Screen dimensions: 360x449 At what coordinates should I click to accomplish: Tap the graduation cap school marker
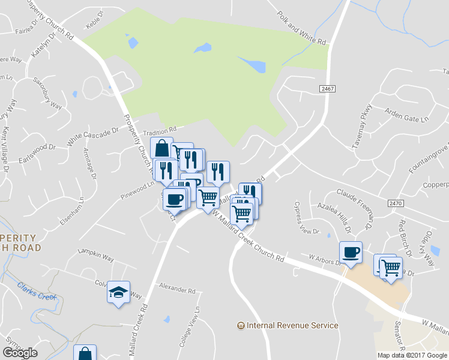pyautogui.click(x=119, y=292)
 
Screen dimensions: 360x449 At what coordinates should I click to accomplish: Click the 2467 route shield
pyautogui.click(x=327, y=89)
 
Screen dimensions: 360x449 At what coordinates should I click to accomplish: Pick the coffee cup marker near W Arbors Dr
pyautogui.click(x=351, y=252)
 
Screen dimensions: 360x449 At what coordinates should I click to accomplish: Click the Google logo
pyautogui.click(x=20, y=353)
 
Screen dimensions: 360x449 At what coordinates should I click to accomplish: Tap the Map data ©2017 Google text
pyautogui.click(x=412, y=355)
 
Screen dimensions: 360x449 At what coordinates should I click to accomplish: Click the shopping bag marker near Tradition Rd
pyautogui.click(x=161, y=148)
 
